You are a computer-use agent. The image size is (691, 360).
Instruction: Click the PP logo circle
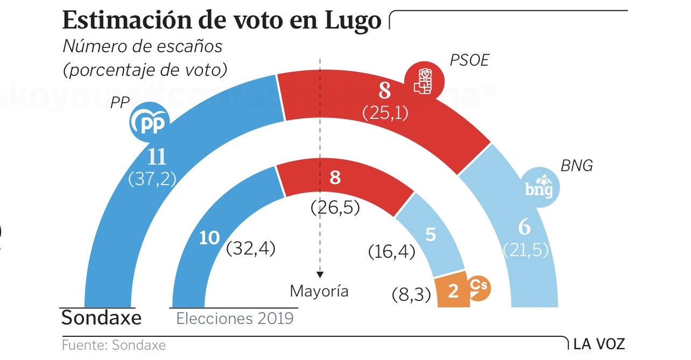(x=150, y=122)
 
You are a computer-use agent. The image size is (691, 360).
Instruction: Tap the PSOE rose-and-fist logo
(x=424, y=81)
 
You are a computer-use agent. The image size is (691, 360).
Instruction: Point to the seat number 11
(x=157, y=157)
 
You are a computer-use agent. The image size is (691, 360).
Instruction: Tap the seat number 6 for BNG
(x=524, y=228)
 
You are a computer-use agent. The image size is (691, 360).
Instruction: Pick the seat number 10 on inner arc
(x=209, y=238)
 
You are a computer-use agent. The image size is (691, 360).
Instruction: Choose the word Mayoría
(x=319, y=291)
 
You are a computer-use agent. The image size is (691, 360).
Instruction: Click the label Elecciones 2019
(x=235, y=318)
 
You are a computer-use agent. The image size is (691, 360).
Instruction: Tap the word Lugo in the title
(x=354, y=21)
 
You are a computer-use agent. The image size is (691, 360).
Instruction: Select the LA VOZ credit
(x=599, y=344)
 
